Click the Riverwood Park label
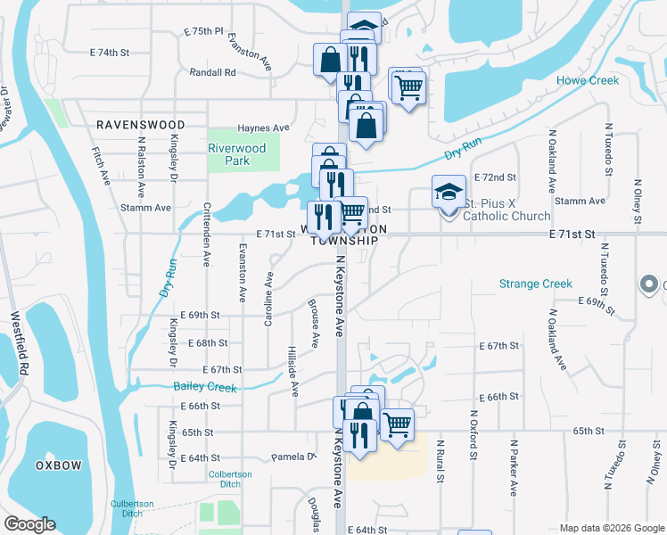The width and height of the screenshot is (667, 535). click(x=236, y=154)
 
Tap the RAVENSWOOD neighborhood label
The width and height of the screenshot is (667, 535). click(x=141, y=125)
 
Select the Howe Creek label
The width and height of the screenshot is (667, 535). click(x=588, y=80)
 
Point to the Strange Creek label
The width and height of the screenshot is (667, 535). click(x=535, y=284)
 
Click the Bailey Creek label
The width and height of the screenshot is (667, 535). click(x=205, y=387)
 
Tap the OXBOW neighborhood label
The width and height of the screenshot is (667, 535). click(x=59, y=465)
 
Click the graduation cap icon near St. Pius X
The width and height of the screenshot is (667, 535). click(x=449, y=191)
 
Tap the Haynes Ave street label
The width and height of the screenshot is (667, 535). click(x=263, y=128)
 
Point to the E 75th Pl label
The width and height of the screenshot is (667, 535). click(x=202, y=31)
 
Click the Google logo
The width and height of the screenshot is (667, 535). click(x=29, y=524)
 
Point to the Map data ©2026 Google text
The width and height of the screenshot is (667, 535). click(x=611, y=528)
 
